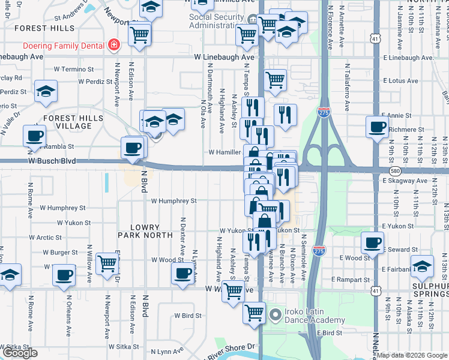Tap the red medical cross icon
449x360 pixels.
(113, 44)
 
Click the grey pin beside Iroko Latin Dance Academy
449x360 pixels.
(276, 314)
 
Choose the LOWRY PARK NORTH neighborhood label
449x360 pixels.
(139, 232)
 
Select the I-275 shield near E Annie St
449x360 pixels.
(324, 112)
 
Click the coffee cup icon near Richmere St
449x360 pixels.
(377, 127)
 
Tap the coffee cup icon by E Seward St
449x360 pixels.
(372, 243)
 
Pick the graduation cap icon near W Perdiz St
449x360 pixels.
(46, 91)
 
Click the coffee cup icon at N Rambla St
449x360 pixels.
(34, 135)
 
